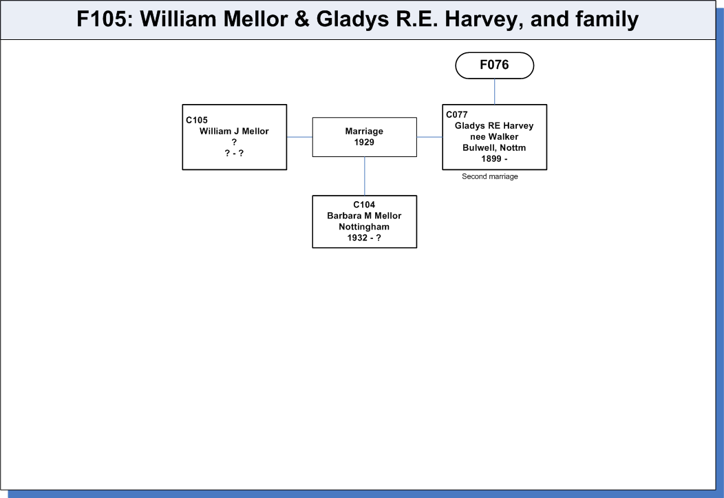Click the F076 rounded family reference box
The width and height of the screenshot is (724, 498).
point(495,65)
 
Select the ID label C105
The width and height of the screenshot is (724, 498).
point(197,120)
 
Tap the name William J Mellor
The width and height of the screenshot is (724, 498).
point(234,131)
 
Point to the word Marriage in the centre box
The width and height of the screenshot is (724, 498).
point(364,131)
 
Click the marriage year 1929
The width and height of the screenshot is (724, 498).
point(364,143)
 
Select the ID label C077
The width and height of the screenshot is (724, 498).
point(457,114)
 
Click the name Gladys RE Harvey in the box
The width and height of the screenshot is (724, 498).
point(494,125)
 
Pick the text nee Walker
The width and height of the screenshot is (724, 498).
point(494,137)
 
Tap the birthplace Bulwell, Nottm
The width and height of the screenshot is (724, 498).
point(494,148)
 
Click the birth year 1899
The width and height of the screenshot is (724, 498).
point(491,159)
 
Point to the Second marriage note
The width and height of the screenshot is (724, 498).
point(490,176)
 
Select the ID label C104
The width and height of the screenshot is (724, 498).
point(364,205)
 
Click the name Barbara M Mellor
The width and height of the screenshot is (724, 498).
point(364,216)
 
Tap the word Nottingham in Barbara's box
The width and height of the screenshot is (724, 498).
point(364,227)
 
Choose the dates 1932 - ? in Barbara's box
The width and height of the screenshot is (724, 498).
point(364,238)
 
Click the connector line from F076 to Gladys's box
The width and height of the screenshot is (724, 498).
point(495,92)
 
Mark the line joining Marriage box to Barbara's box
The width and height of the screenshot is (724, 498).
point(364,176)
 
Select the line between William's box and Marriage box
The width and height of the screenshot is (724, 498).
point(299,137)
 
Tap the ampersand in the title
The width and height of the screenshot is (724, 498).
point(301,19)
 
